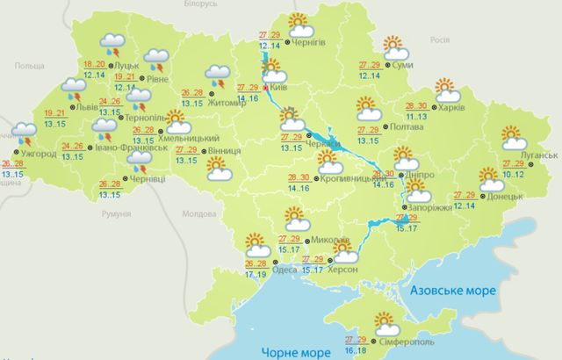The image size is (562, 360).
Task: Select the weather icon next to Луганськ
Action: [513, 139]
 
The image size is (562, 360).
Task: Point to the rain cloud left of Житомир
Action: [216, 76]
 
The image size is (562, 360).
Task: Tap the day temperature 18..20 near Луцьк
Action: [93, 65]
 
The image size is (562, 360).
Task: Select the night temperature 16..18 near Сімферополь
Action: [356, 349]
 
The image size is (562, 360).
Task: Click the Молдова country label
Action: [198, 213]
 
